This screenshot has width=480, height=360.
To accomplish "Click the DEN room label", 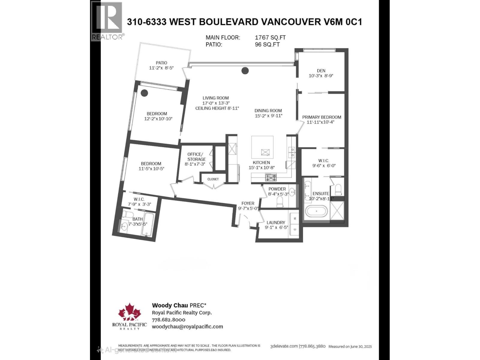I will (321, 71).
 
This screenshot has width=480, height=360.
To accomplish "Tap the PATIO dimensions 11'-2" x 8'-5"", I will (161, 68).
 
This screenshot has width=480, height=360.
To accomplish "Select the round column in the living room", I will (245, 71).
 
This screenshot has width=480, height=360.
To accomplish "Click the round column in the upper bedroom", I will (144, 93).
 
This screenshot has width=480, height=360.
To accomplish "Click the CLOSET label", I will (213, 179).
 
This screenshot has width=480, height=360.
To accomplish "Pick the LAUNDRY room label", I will (276, 223).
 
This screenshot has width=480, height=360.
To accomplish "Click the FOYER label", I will (248, 203).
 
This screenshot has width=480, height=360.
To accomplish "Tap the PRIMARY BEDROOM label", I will (322, 117).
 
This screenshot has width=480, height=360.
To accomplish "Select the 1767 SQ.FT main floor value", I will (270, 37).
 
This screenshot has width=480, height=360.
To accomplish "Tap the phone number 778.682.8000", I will (169, 320).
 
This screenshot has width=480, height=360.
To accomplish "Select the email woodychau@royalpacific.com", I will (187, 327).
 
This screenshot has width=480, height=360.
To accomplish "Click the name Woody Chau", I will (170, 305).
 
